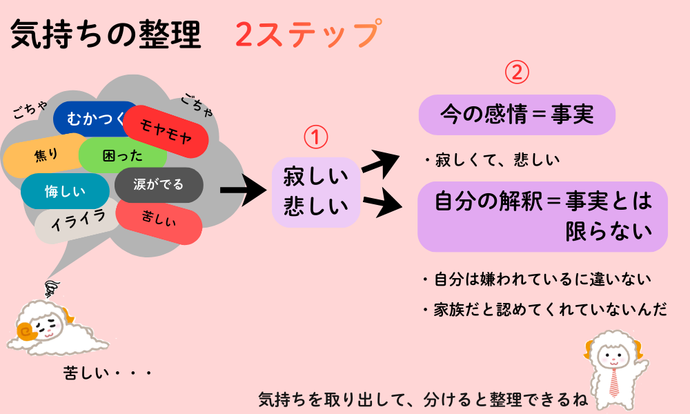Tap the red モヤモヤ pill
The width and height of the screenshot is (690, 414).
[x=166, y=131]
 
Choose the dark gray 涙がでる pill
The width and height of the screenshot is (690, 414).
[x=159, y=185]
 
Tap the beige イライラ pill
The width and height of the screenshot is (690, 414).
[x=79, y=220]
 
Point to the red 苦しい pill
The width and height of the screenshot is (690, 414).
[x=159, y=220]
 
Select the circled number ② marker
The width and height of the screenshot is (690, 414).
[x=517, y=72]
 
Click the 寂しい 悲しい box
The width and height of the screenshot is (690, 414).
[x=316, y=193]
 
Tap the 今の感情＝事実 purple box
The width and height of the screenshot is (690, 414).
[x=516, y=115]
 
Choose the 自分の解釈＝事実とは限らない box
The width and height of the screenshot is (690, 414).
[x=542, y=216]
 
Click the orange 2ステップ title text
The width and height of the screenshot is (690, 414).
[x=307, y=34]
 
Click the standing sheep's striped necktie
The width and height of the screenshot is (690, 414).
[x=613, y=381]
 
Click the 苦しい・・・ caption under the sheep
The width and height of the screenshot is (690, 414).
[x=107, y=373]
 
